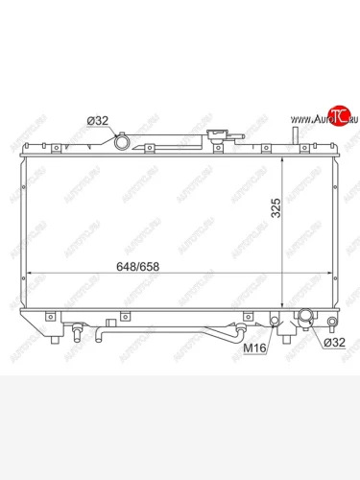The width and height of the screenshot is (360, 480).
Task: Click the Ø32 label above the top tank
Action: click(98, 120)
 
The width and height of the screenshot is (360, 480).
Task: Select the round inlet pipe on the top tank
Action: click(122, 142)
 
